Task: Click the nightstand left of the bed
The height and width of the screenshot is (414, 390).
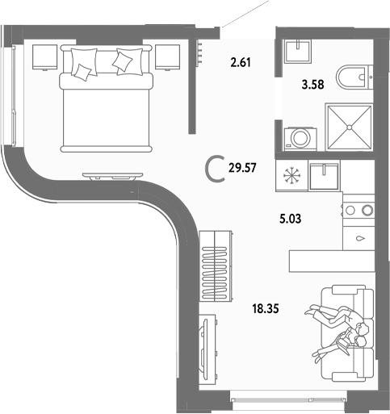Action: [x=44, y=56]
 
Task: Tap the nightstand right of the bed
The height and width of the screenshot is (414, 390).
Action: [x=167, y=56]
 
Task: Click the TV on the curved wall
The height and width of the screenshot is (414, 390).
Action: [x=108, y=175]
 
